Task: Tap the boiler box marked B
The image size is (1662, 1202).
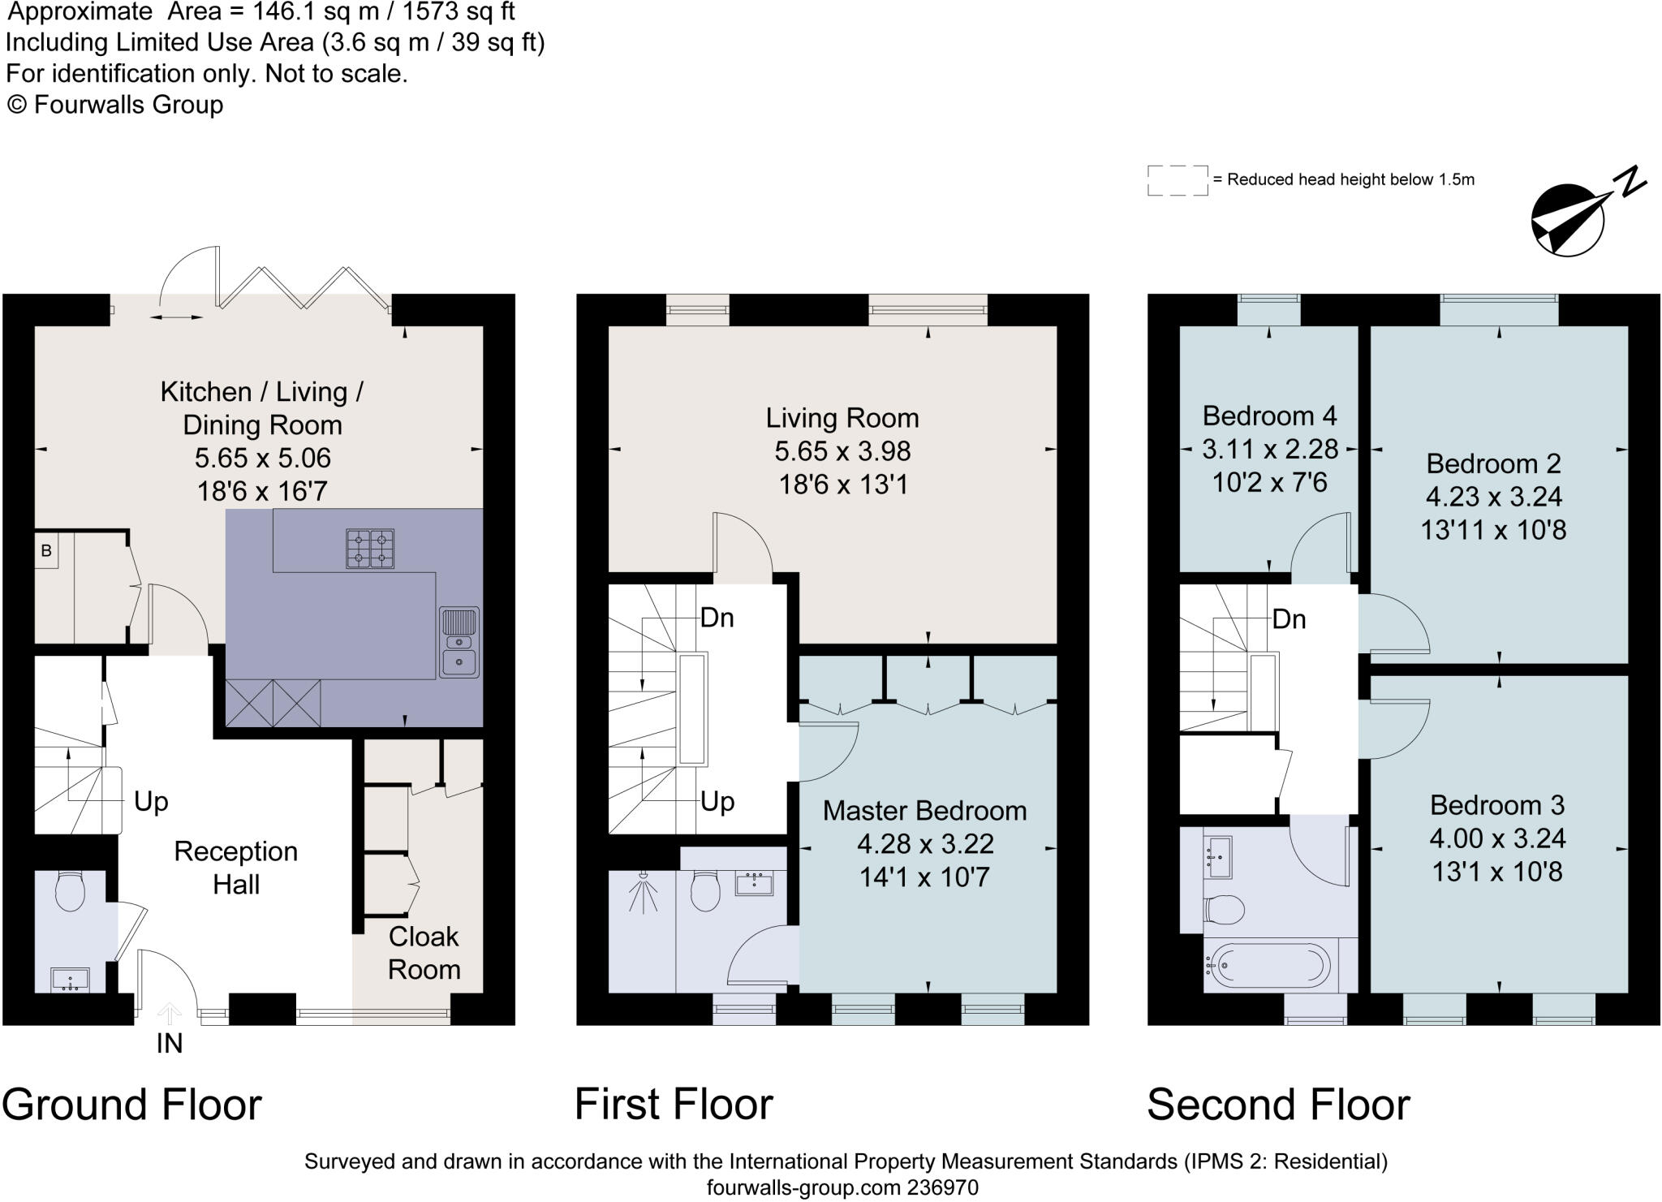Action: coord(46,551)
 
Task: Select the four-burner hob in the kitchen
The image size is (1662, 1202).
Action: coord(371,548)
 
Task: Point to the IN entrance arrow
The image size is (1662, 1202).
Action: coord(169,1014)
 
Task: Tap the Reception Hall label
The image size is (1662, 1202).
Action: coord(236,868)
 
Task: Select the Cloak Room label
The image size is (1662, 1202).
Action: coord(424,953)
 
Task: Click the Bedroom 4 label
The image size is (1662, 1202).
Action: coord(1269,416)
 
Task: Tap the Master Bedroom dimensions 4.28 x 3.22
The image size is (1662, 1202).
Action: coord(925,844)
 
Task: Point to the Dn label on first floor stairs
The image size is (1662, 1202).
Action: coord(717,618)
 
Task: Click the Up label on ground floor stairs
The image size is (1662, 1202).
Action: coord(151,802)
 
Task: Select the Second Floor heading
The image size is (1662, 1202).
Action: coord(1278,1105)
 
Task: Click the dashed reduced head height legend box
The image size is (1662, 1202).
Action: coord(1178,180)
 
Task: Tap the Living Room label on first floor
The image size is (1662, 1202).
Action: coord(842,418)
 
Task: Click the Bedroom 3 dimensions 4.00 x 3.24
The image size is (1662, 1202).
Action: coord(1497,838)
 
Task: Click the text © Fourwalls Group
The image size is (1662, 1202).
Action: coord(115,105)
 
